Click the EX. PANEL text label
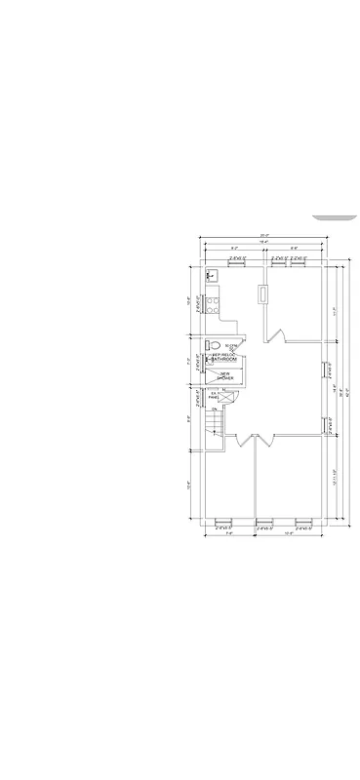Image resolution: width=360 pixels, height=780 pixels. coord(214,395)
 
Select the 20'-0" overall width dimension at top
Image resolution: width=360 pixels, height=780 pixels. coord(264,236)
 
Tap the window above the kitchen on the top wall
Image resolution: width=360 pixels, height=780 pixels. coord(237,264)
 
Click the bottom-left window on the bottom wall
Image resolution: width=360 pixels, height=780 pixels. coord(221,520)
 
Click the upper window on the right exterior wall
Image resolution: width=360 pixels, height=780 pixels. coord(325,370)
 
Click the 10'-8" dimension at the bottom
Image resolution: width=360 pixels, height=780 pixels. coord(289,533)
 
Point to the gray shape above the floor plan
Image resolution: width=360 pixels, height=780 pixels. coord(334,216)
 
